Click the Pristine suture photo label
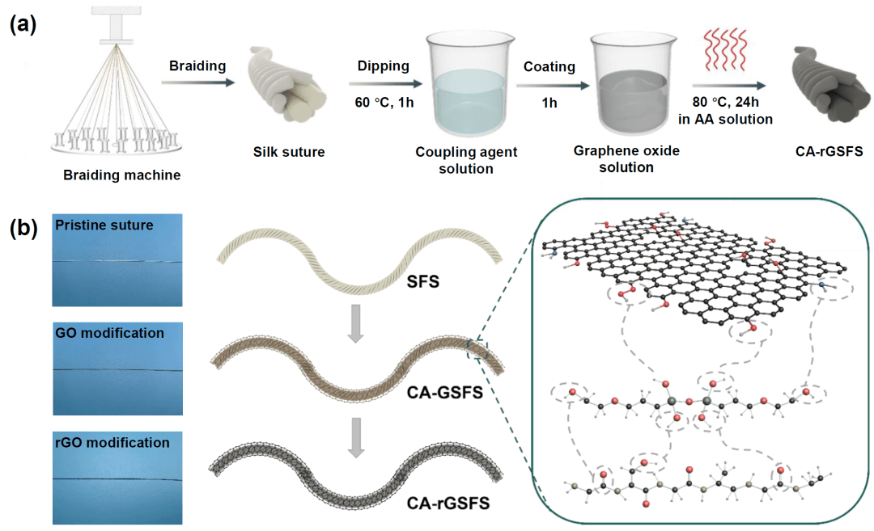[x=104, y=225]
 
